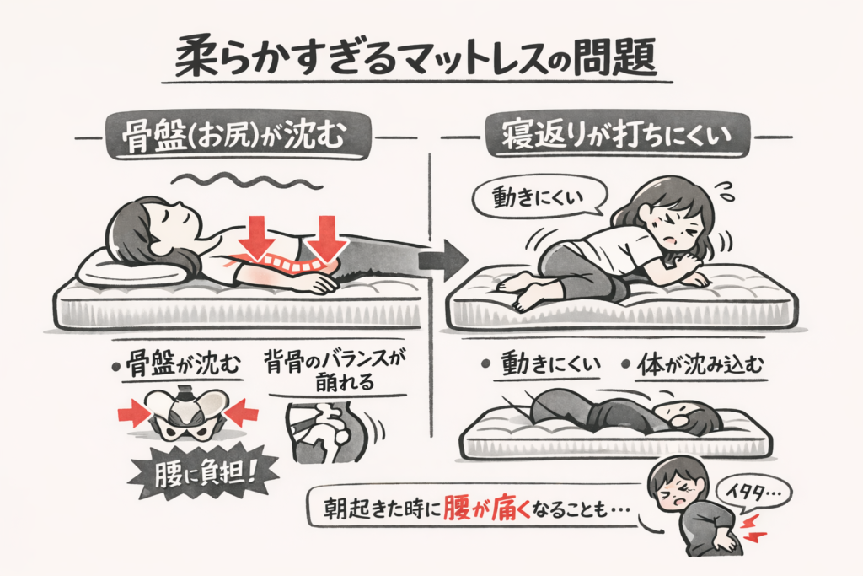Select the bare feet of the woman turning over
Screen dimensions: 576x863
pyautogui.click(x=523, y=291)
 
